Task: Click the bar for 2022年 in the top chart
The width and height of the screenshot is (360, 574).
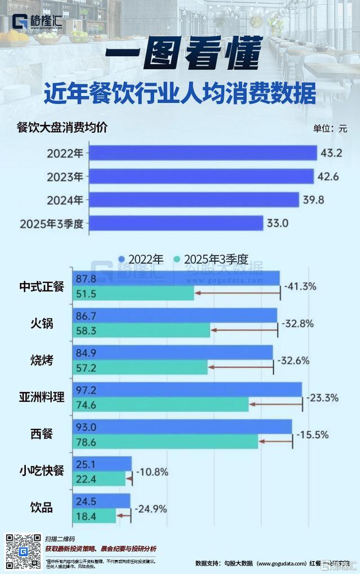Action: (202, 153)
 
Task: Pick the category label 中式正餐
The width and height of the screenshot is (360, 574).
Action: (41, 286)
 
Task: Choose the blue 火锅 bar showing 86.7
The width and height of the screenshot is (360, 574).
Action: (174, 316)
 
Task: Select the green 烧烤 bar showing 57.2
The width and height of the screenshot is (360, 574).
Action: (141, 367)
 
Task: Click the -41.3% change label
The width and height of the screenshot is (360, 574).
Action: (300, 286)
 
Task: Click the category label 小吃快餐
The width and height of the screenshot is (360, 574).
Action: (41, 472)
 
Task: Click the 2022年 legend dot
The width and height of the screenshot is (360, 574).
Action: (121, 259)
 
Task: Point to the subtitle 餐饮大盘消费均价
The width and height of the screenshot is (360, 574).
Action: (62, 127)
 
